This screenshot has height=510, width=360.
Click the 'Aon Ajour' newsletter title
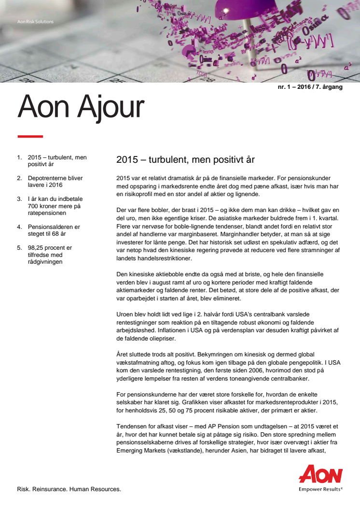coord(81,108)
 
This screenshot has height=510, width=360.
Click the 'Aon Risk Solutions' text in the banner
coord(35,22)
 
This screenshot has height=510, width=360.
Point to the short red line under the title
coord(30,137)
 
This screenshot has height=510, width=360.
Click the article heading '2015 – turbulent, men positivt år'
coord(185,159)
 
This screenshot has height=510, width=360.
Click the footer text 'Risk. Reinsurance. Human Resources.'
coord(69,489)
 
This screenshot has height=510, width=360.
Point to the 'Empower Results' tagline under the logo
coord(320,488)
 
